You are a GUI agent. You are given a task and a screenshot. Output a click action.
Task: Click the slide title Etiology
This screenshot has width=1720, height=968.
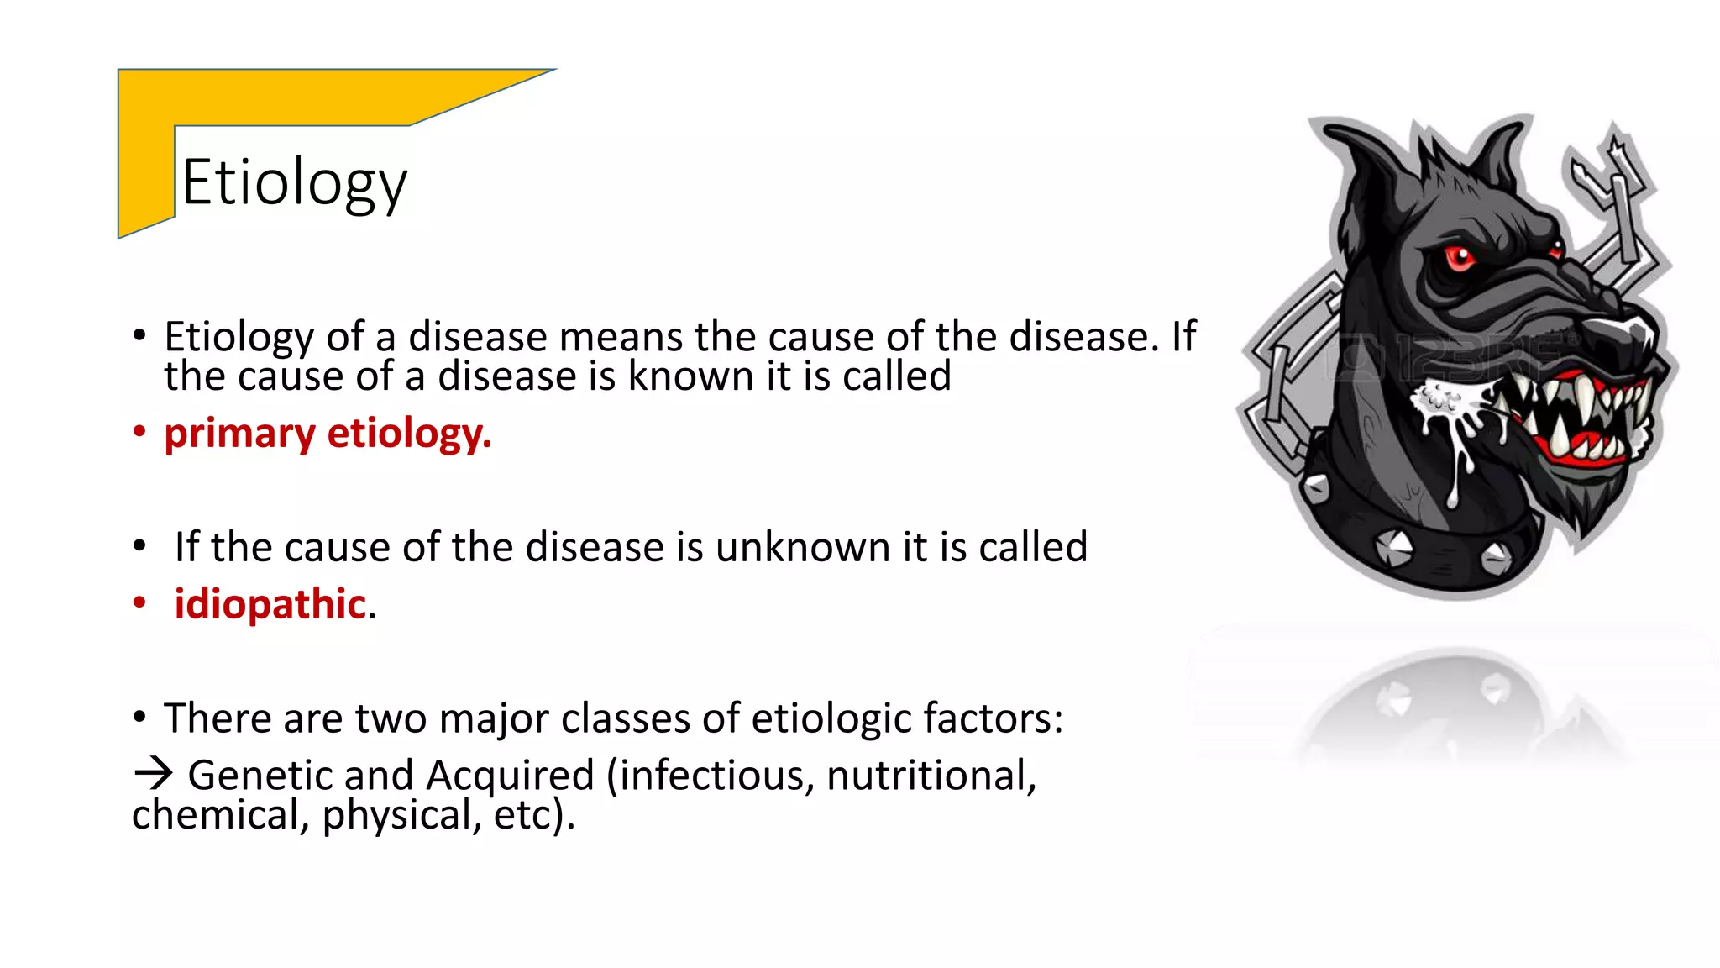pos(294,183)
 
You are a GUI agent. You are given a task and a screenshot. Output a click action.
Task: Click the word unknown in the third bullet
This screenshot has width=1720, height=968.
pos(803,547)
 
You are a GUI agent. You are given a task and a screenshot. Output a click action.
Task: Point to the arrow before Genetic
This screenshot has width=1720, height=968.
pos(153,773)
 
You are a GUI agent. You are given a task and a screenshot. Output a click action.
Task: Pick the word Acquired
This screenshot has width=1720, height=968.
pos(510,776)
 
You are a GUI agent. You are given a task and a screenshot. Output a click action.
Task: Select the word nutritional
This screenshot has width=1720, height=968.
pos(931,776)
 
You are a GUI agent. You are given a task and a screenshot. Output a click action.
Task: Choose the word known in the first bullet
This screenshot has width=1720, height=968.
pos(690,376)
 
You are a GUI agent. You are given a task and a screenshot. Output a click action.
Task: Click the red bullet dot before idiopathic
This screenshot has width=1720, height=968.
pos(139,602)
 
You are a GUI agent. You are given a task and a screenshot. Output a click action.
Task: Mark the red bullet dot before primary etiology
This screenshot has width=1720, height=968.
pos(139,433)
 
